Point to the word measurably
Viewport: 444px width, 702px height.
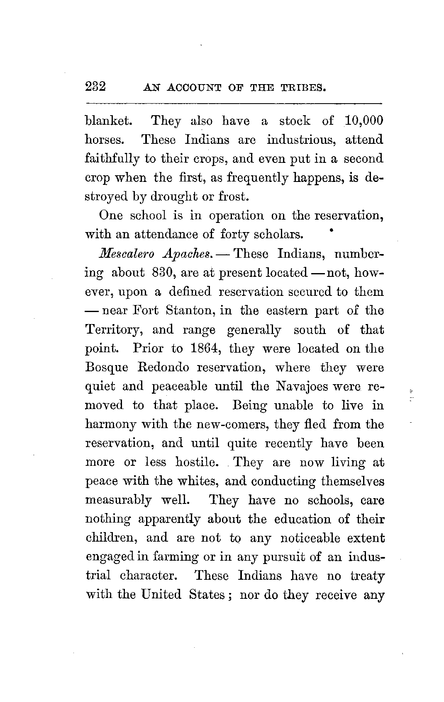click(x=118, y=501)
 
